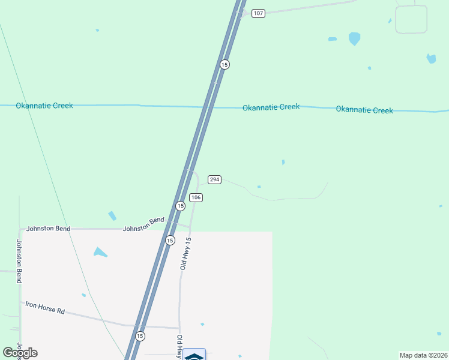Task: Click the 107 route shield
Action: [258, 13]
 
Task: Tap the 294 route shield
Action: [215, 179]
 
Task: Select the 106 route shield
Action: [196, 197]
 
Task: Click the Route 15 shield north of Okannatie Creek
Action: [224, 64]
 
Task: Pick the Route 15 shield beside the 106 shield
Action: [180, 206]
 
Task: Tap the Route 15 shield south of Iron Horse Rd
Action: [140, 336]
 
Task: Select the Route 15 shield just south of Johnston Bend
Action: [170, 240]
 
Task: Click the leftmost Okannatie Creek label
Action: [44, 106]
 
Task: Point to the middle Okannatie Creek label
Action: [271, 107]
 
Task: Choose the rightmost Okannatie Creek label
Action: [364, 110]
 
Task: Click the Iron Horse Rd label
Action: [44, 308]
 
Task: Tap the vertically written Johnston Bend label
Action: [19, 261]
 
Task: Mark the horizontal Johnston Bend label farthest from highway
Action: [48, 229]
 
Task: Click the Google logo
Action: [20, 353]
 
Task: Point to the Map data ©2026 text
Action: [423, 355]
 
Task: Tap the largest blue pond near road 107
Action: [354, 38]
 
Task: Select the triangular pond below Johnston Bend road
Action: [100, 252]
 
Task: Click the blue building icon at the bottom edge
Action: [194, 355]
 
